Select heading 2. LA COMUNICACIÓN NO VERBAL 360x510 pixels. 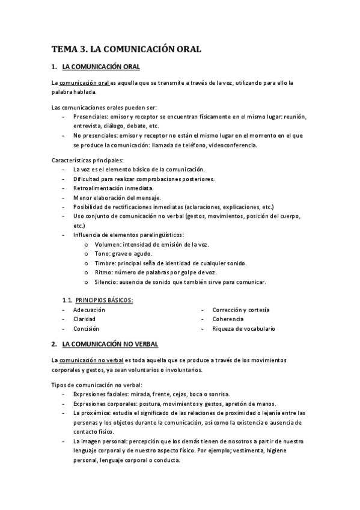point(110,344)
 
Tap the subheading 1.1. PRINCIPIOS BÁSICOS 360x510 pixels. point(98,300)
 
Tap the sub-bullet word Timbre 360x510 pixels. point(105,263)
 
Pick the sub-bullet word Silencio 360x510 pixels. point(106,281)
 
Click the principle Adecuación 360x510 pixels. point(89,310)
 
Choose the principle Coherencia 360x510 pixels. point(228,319)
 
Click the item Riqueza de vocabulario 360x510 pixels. point(244,328)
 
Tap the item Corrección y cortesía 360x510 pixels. point(240,310)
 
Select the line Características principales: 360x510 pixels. point(87,160)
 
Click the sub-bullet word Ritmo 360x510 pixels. point(104,272)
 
